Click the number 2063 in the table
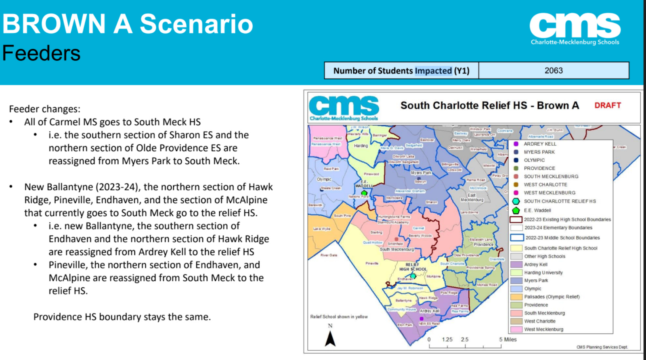[x=553, y=71]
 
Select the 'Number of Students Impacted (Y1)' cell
[x=401, y=71]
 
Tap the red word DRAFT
[x=607, y=105]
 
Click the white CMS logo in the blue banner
[x=575, y=28]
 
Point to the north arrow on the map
[x=330, y=338]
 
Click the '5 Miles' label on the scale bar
[x=508, y=339]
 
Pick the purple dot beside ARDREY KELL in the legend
[x=516, y=144]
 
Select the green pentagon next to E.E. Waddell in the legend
[x=516, y=210]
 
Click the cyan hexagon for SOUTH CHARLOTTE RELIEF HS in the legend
[x=516, y=201]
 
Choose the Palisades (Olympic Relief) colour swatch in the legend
[x=516, y=297]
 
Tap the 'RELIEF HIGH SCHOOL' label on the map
[x=413, y=267]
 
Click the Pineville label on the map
[x=372, y=263]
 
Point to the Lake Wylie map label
[x=322, y=229]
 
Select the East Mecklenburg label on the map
[x=472, y=197]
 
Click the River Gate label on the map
[x=329, y=255]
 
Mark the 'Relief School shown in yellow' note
[x=339, y=316]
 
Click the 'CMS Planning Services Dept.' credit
[x=602, y=347]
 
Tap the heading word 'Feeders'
[x=41, y=53]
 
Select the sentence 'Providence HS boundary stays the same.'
[x=122, y=317]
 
